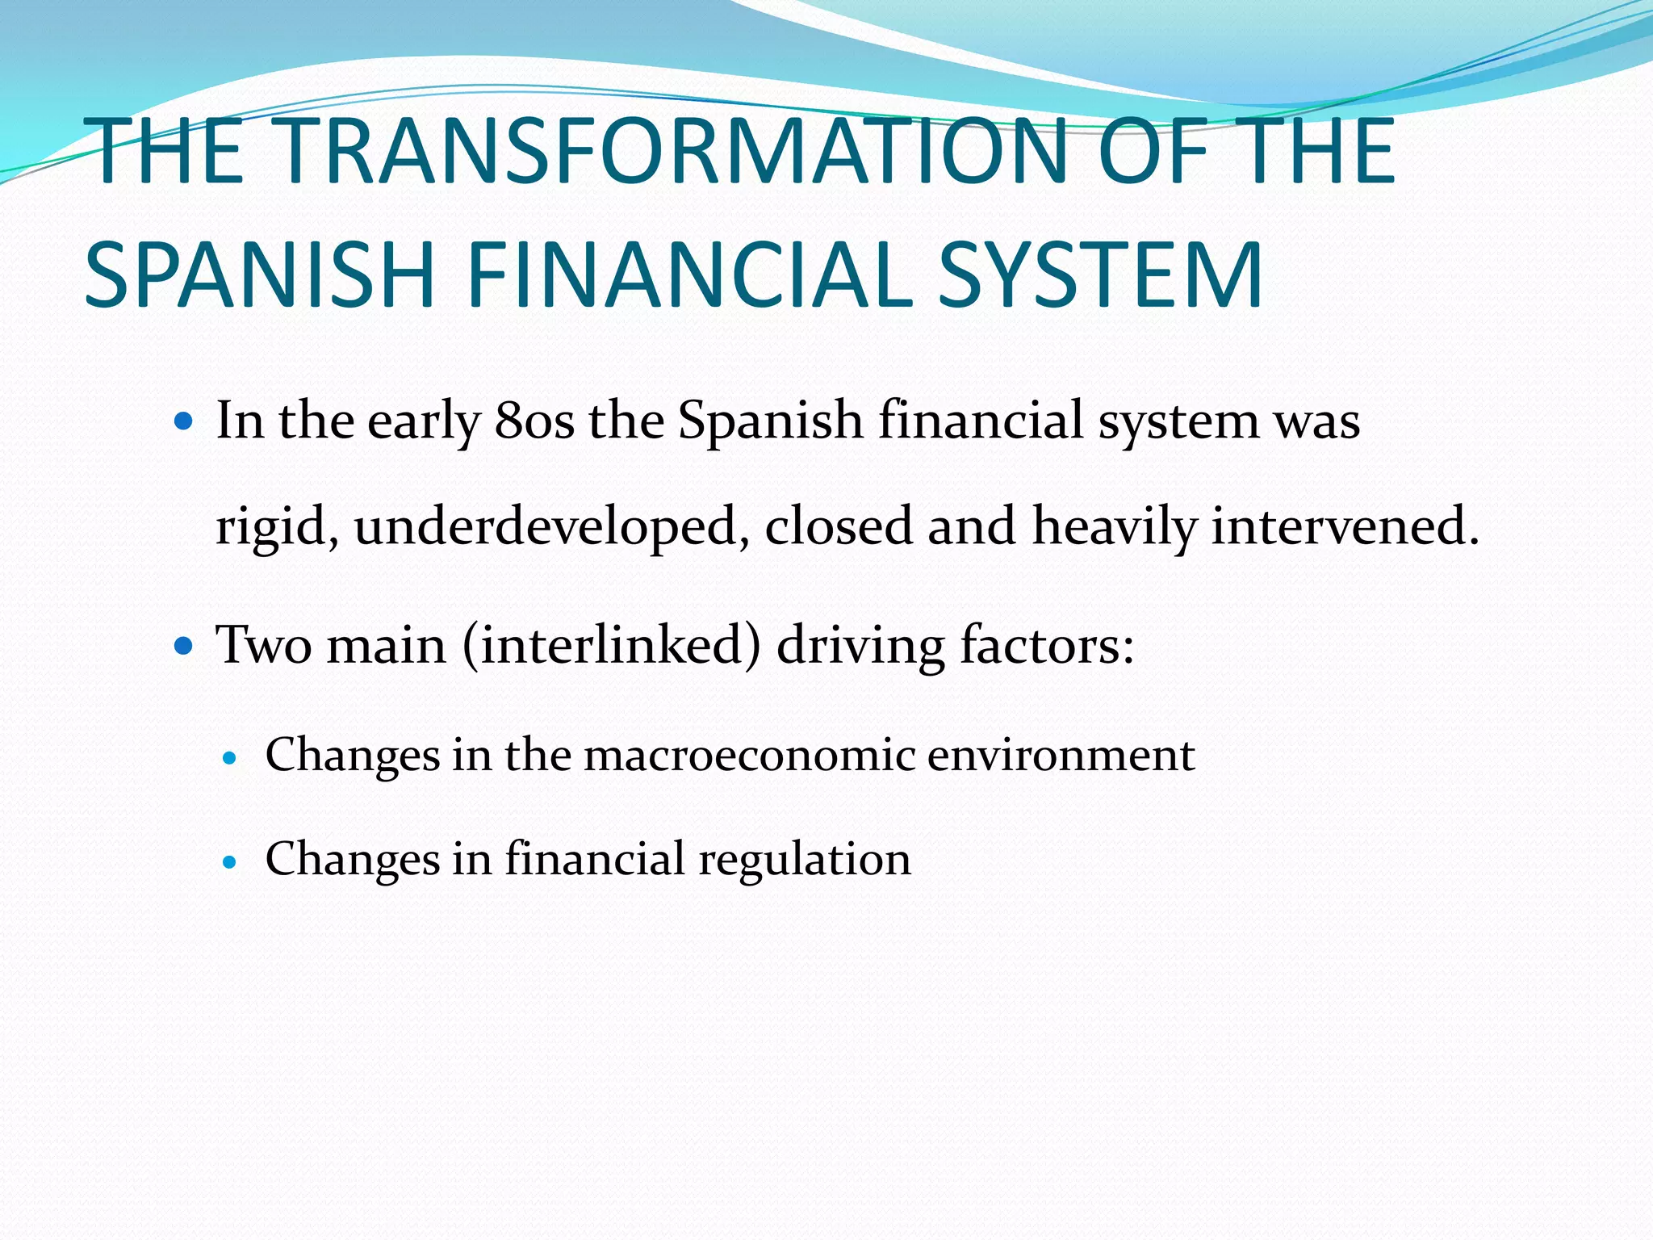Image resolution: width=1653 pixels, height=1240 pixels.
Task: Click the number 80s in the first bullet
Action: (x=534, y=421)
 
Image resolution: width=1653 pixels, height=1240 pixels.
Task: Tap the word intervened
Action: (x=1345, y=526)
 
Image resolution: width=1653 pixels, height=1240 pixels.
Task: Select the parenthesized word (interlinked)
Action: (x=612, y=646)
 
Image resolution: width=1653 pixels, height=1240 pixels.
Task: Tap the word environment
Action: (x=1061, y=756)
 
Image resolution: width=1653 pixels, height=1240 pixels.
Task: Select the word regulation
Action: (x=805, y=859)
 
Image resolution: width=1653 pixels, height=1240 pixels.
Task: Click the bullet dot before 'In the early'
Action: (x=185, y=421)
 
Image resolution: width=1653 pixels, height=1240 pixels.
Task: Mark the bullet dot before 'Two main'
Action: (x=185, y=646)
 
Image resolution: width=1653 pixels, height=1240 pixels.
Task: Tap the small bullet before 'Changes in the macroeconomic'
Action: (x=231, y=758)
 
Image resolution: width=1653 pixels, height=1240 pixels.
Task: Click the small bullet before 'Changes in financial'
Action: (x=231, y=861)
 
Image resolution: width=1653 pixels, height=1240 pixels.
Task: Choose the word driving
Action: (x=860, y=646)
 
